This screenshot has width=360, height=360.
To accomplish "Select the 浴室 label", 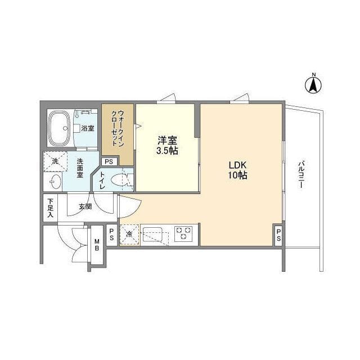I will (x=87, y=128).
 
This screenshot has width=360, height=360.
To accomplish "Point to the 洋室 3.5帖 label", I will (x=167, y=145).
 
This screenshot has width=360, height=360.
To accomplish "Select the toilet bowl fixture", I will (x=120, y=180).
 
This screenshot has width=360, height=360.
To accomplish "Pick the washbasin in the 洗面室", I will (x=55, y=181).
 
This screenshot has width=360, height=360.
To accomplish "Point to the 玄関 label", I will (x=85, y=206).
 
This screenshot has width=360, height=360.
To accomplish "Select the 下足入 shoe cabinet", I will (x=51, y=206).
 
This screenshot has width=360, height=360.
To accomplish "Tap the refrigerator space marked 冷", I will (x=129, y=235).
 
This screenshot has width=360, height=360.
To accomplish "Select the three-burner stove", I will (x=183, y=233).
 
